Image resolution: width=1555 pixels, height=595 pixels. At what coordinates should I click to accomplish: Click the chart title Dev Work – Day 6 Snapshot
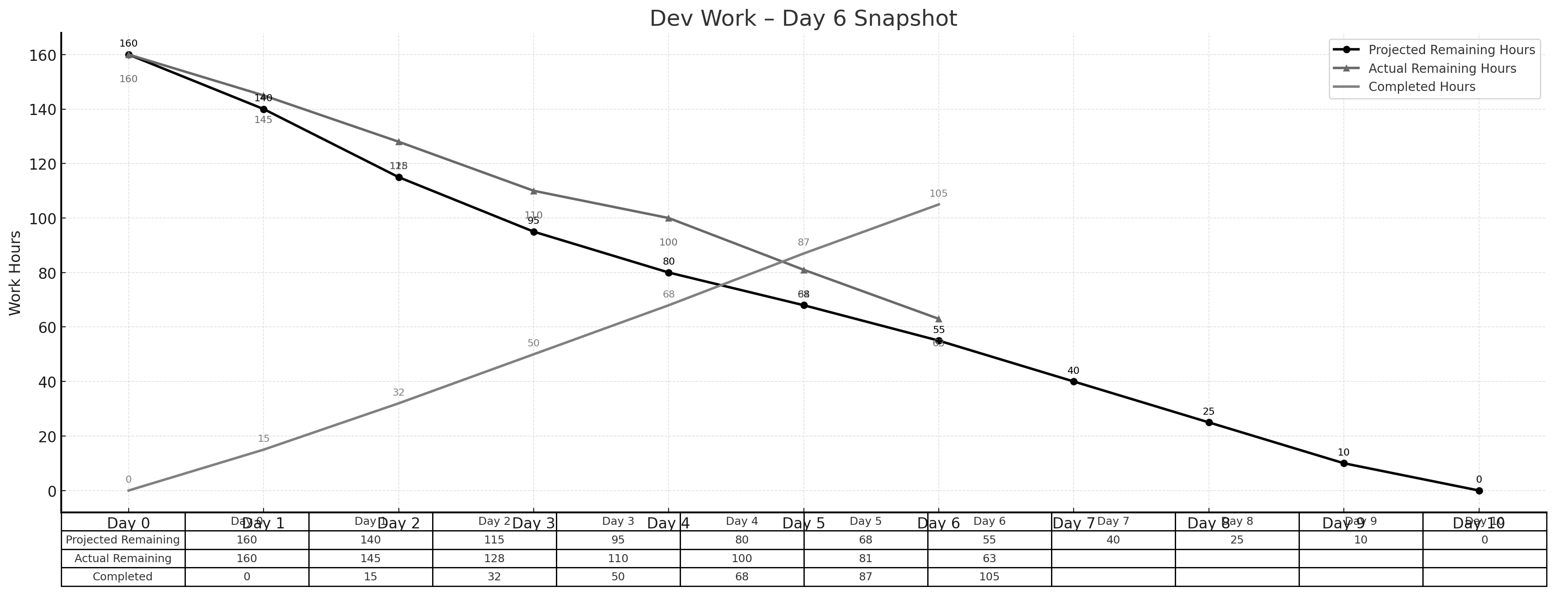[x=803, y=19]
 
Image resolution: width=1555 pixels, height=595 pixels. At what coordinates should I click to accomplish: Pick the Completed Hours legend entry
[x=1421, y=87]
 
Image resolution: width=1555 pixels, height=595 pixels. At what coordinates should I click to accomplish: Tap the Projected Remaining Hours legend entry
[x=1451, y=50]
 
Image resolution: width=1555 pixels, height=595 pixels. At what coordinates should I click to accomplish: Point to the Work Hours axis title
[x=16, y=273]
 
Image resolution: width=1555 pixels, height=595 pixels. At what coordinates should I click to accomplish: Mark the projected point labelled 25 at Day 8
[x=1209, y=423]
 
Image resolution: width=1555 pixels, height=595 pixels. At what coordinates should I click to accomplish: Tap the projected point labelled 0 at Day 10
[x=1479, y=491]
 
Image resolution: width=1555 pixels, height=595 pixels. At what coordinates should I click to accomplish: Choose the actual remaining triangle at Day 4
[x=668, y=218]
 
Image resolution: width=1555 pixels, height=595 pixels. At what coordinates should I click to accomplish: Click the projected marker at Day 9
[x=1344, y=463]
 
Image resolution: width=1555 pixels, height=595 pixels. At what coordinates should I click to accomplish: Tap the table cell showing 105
[x=989, y=577]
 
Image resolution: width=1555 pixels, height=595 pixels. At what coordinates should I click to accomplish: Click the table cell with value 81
[x=865, y=559]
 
